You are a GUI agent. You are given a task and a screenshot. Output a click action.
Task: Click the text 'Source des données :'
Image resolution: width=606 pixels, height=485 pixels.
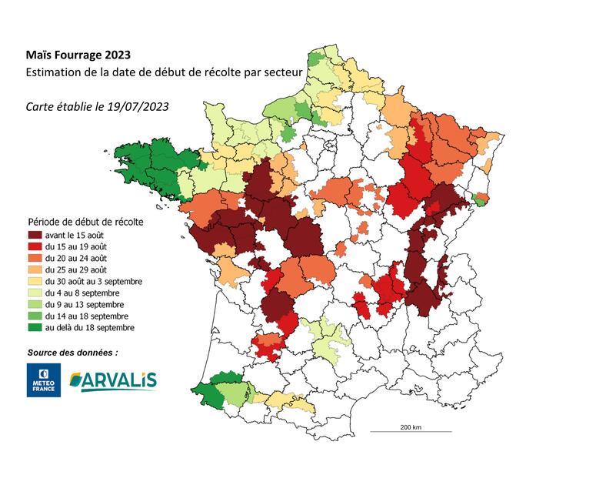click(x=73, y=352)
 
